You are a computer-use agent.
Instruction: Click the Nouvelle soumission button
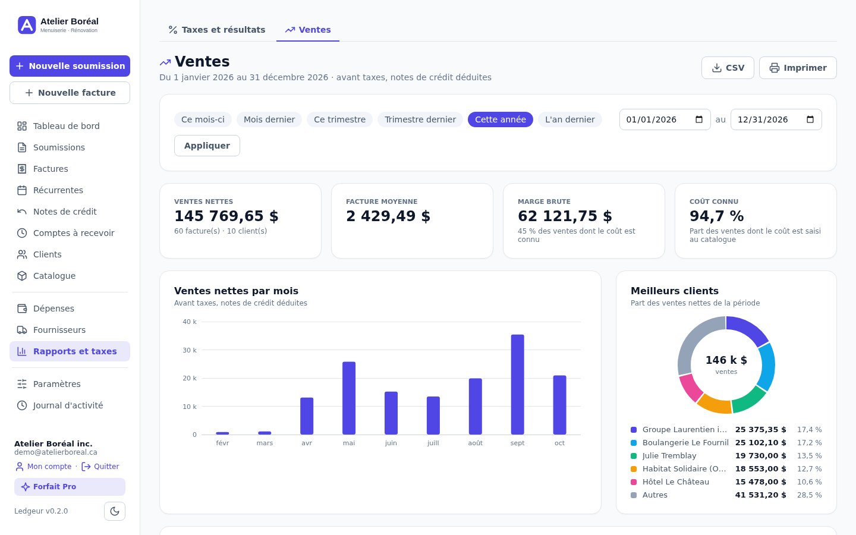click(70, 66)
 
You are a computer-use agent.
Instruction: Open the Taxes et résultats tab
click(216, 30)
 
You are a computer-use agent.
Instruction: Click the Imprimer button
click(798, 68)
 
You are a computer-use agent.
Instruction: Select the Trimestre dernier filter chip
click(420, 119)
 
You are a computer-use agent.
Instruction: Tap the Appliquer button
click(207, 146)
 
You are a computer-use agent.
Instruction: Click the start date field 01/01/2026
click(665, 119)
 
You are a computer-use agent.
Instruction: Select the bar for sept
click(517, 385)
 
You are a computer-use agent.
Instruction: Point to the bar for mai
click(349, 398)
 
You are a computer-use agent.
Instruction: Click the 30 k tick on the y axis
click(190, 350)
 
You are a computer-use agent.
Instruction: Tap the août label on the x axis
click(476, 443)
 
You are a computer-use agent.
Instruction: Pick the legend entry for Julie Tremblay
click(669, 455)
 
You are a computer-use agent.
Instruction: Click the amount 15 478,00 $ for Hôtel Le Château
click(760, 482)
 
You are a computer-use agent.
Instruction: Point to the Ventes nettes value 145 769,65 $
click(226, 216)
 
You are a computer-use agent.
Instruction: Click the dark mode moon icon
click(115, 511)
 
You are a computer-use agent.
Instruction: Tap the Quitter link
click(100, 467)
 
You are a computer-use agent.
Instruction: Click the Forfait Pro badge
click(70, 487)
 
